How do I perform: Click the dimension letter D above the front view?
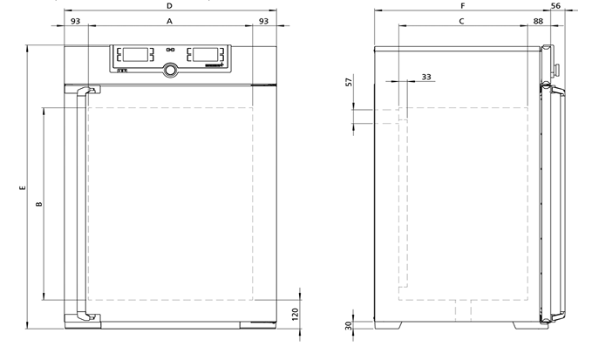tap(169, 5)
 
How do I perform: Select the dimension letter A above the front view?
tap(169, 21)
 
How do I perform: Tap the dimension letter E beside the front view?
tap(23, 187)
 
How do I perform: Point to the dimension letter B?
tap(38, 204)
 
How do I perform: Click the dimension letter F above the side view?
tap(462, 5)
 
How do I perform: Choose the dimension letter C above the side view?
tap(461, 21)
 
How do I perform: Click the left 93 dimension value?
tap(76, 21)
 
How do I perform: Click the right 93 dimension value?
tap(263, 21)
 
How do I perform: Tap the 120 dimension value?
tap(296, 314)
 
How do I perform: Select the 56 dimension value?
tap(555, 5)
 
